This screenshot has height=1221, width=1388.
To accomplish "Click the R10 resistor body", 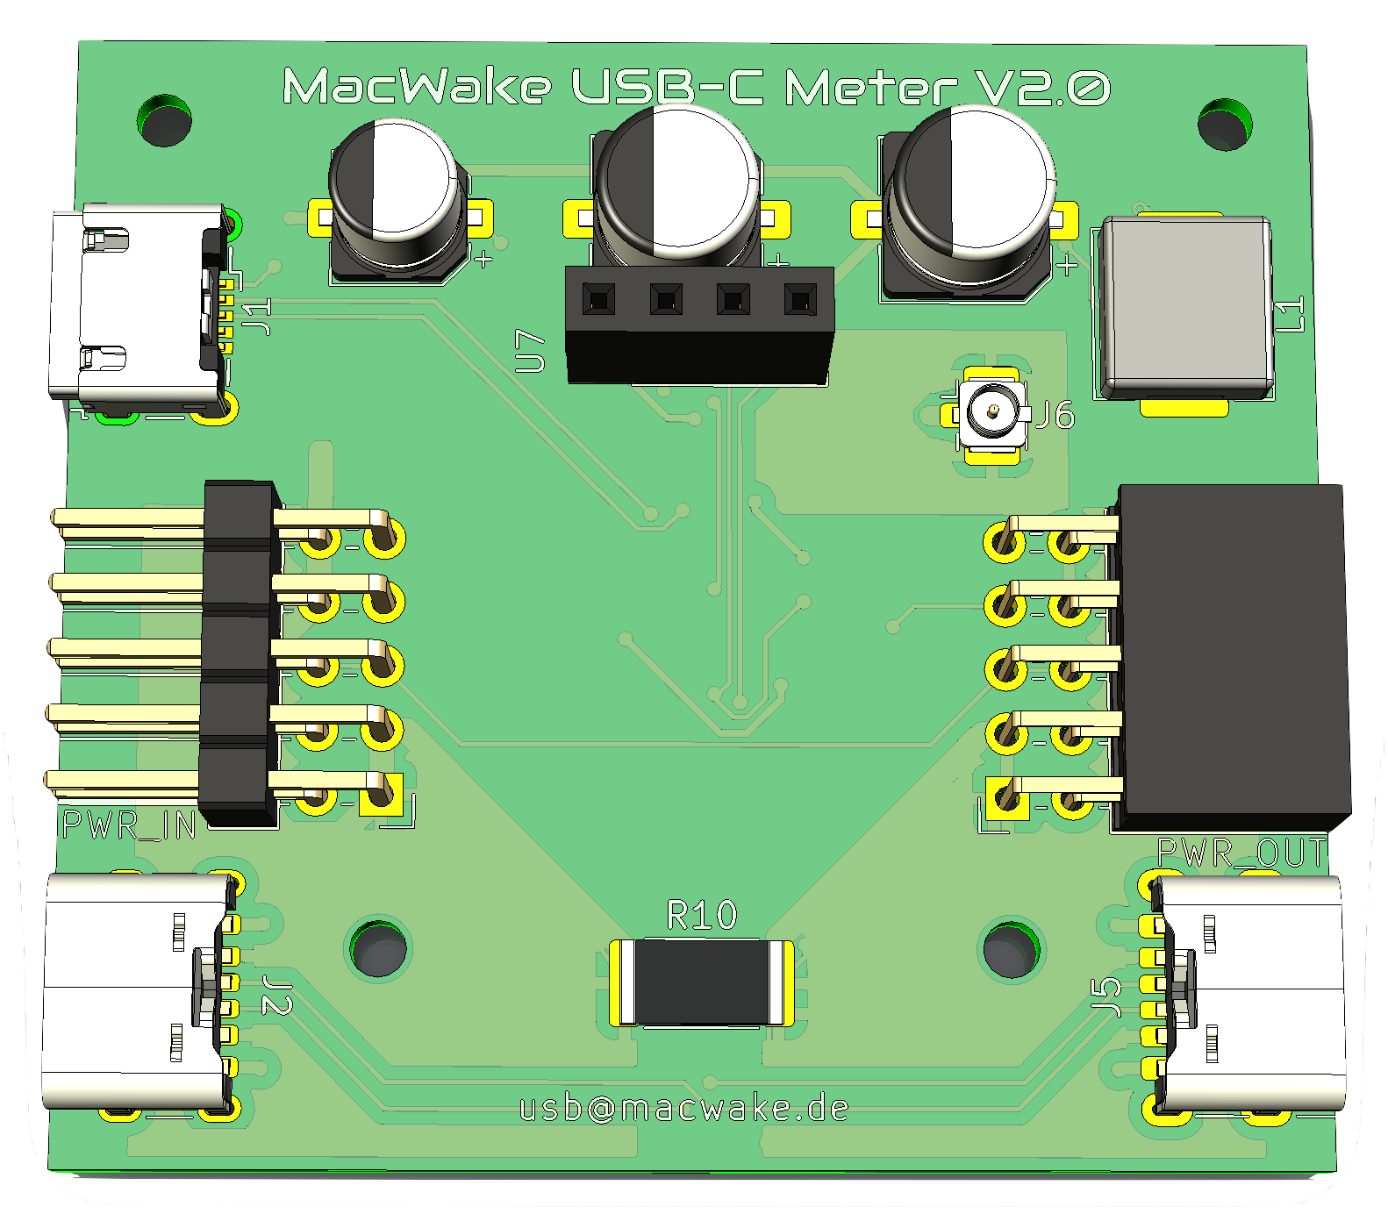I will coord(702,982).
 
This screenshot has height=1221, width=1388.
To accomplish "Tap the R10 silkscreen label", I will coord(702,916).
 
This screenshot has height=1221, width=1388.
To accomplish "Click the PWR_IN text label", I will coord(129,825).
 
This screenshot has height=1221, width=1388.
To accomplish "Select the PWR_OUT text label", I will coord(1241,853).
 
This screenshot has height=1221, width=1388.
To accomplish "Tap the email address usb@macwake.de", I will coord(683,1109).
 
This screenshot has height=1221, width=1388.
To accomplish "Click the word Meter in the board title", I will coord(869,88).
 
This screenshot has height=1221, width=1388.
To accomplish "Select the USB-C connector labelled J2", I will coord(136,991).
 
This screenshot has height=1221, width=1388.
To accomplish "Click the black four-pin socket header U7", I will coord(698,325).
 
